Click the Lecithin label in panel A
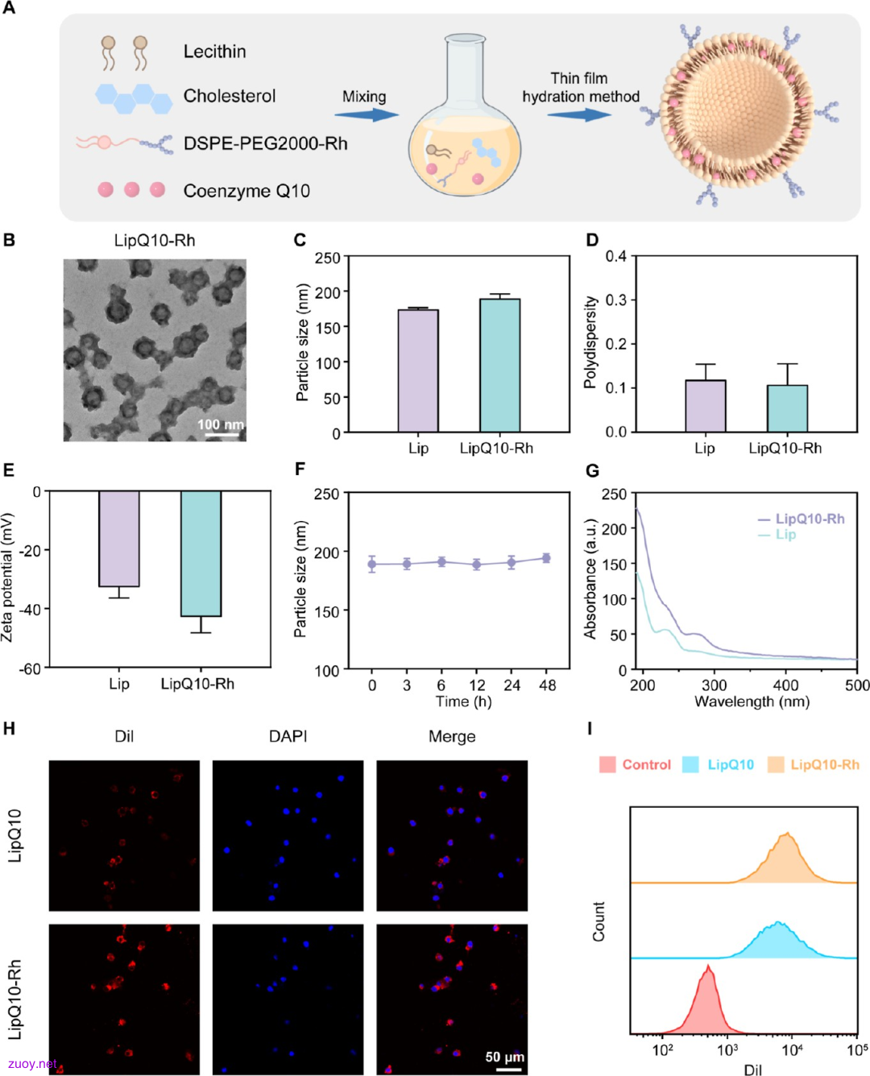coord(214,52)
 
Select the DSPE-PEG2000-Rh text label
coord(265,144)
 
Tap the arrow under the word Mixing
coord(367,114)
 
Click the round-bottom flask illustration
coord(464,115)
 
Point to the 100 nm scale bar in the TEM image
coord(221,434)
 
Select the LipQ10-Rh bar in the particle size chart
coord(499,365)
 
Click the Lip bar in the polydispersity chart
coord(706,406)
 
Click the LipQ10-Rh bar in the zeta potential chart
coord(201,553)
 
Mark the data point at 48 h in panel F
coord(546,558)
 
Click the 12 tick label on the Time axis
coord(476,685)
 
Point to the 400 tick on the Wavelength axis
coord(785,685)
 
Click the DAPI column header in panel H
coord(288,736)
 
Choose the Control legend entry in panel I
coord(635,764)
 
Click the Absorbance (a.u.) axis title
coord(590,579)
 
